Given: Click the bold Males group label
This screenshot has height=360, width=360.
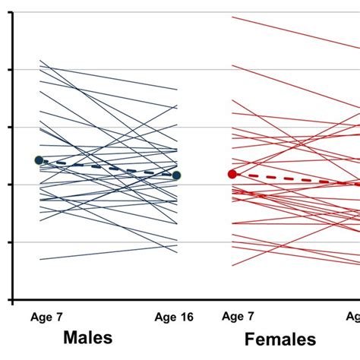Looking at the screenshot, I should [x=87, y=337].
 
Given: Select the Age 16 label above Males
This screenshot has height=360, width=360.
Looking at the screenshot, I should [x=174, y=317].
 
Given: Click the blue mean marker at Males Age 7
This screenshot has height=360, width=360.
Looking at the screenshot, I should [x=39, y=160].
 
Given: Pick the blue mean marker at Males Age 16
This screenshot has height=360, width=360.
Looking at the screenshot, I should [x=176, y=175].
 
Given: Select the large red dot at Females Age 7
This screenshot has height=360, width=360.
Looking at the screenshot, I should [x=232, y=174].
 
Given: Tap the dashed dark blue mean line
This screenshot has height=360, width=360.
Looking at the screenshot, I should [x=106, y=168].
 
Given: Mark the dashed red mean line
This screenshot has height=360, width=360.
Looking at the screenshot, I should [x=296, y=179].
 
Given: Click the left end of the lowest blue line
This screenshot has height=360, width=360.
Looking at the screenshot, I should [x=40, y=260].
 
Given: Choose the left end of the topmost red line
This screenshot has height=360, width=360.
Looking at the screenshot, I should [x=233, y=17].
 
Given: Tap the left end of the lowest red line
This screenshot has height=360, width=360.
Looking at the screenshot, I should [x=233, y=265].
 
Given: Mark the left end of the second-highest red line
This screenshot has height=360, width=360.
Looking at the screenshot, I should [x=233, y=67].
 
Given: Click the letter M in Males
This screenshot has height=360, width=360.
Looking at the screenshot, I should [x=70, y=337].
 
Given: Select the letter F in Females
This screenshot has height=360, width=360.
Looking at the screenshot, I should [x=250, y=339].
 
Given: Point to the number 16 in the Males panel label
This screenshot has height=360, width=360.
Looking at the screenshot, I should [x=185, y=317].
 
